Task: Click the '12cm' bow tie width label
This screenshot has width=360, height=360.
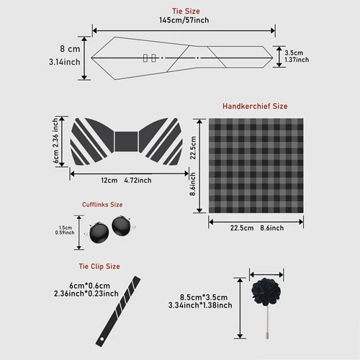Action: point(109,180)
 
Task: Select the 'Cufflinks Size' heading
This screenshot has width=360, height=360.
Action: point(101,204)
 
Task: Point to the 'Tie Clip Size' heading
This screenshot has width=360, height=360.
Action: point(99,266)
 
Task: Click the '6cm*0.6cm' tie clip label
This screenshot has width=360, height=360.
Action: point(86,284)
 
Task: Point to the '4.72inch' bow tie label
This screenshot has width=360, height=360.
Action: point(138,180)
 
